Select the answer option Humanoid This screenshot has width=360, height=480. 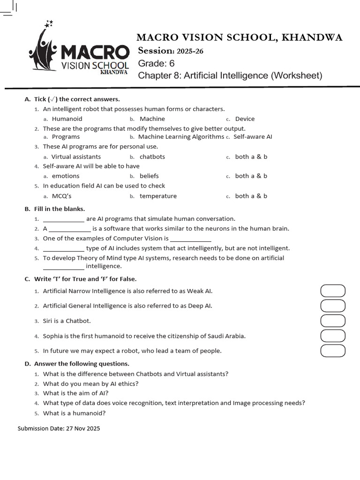click(67, 119)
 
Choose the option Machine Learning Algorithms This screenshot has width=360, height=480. click(181, 137)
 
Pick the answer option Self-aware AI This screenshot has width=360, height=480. click(253, 137)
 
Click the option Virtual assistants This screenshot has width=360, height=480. click(76, 157)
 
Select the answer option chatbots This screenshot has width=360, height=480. click(152, 157)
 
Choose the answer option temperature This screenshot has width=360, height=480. click(158, 196)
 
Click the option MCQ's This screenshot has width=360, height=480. click(61, 196)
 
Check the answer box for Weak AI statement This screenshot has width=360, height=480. click(333, 291)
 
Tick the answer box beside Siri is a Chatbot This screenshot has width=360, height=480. click(333, 321)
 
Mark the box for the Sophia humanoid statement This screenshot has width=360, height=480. click(333, 336)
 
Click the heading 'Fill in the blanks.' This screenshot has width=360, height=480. click(60, 209)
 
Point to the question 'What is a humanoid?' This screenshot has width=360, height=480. click(74, 413)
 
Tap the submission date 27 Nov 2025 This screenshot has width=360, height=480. click(82, 428)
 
